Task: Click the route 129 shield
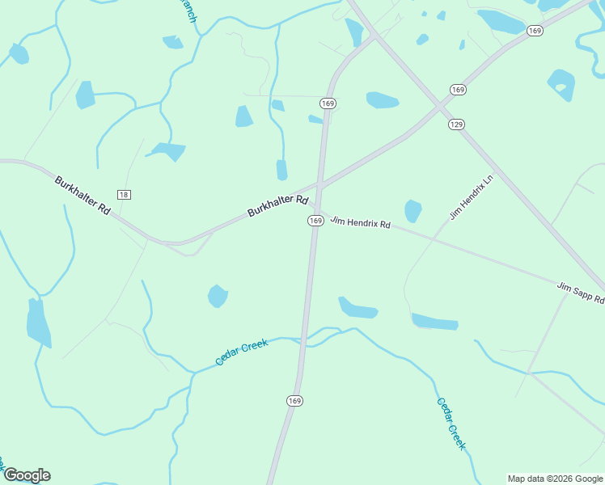click(457, 124)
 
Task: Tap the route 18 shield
click(124, 195)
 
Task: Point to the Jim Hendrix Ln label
click(471, 200)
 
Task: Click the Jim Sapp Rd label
click(580, 293)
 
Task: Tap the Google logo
click(27, 475)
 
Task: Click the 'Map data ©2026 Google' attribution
click(555, 479)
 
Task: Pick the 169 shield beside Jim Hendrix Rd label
click(315, 221)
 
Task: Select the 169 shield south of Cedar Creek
click(294, 401)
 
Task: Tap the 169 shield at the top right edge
click(534, 30)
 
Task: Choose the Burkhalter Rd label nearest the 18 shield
click(82, 195)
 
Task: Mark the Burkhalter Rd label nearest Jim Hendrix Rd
click(278, 205)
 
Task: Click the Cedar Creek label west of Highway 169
click(241, 352)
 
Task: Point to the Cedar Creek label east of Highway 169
click(451, 424)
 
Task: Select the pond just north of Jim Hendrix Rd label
click(412, 211)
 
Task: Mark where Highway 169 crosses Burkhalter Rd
click(319, 188)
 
